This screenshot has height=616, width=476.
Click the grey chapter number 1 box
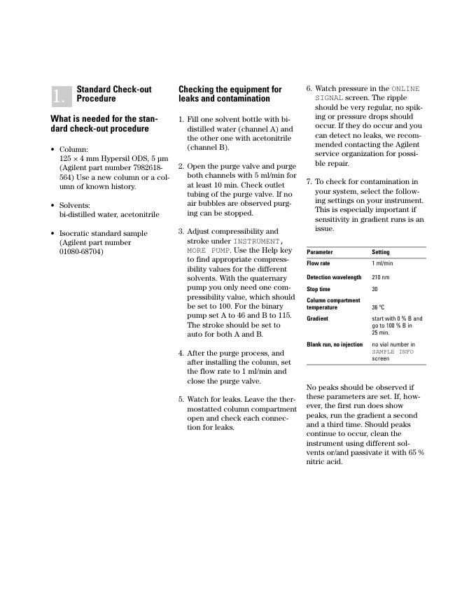click(x=62, y=95)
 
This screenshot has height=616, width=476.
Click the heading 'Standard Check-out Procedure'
click(x=113, y=94)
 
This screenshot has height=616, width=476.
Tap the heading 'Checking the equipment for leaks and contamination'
click(x=230, y=94)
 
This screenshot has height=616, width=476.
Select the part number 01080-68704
click(x=81, y=251)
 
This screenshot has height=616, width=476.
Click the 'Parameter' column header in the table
click(x=320, y=252)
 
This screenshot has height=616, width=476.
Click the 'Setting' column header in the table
click(x=381, y=252)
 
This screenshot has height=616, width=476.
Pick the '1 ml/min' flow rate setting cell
click(x=382, y=263)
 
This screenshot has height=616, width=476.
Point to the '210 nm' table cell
click(x=381, y=277)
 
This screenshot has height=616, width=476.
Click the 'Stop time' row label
click(x=318, y=289)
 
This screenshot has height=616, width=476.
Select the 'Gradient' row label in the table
click(x=318, y=318)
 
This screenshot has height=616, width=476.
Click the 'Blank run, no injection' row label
click(x=335, y=344)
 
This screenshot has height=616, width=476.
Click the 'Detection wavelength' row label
click(x=334, y=277)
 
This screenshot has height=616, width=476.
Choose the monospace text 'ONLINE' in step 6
click(x=405, y=89)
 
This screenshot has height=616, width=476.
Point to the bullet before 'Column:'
click(x=52, y=150)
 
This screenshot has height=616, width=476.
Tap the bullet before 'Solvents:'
click(x=52, y=206)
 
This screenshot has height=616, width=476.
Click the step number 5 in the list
click(x=181, y=400)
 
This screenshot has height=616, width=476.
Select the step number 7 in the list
click(x=309, y=182)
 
